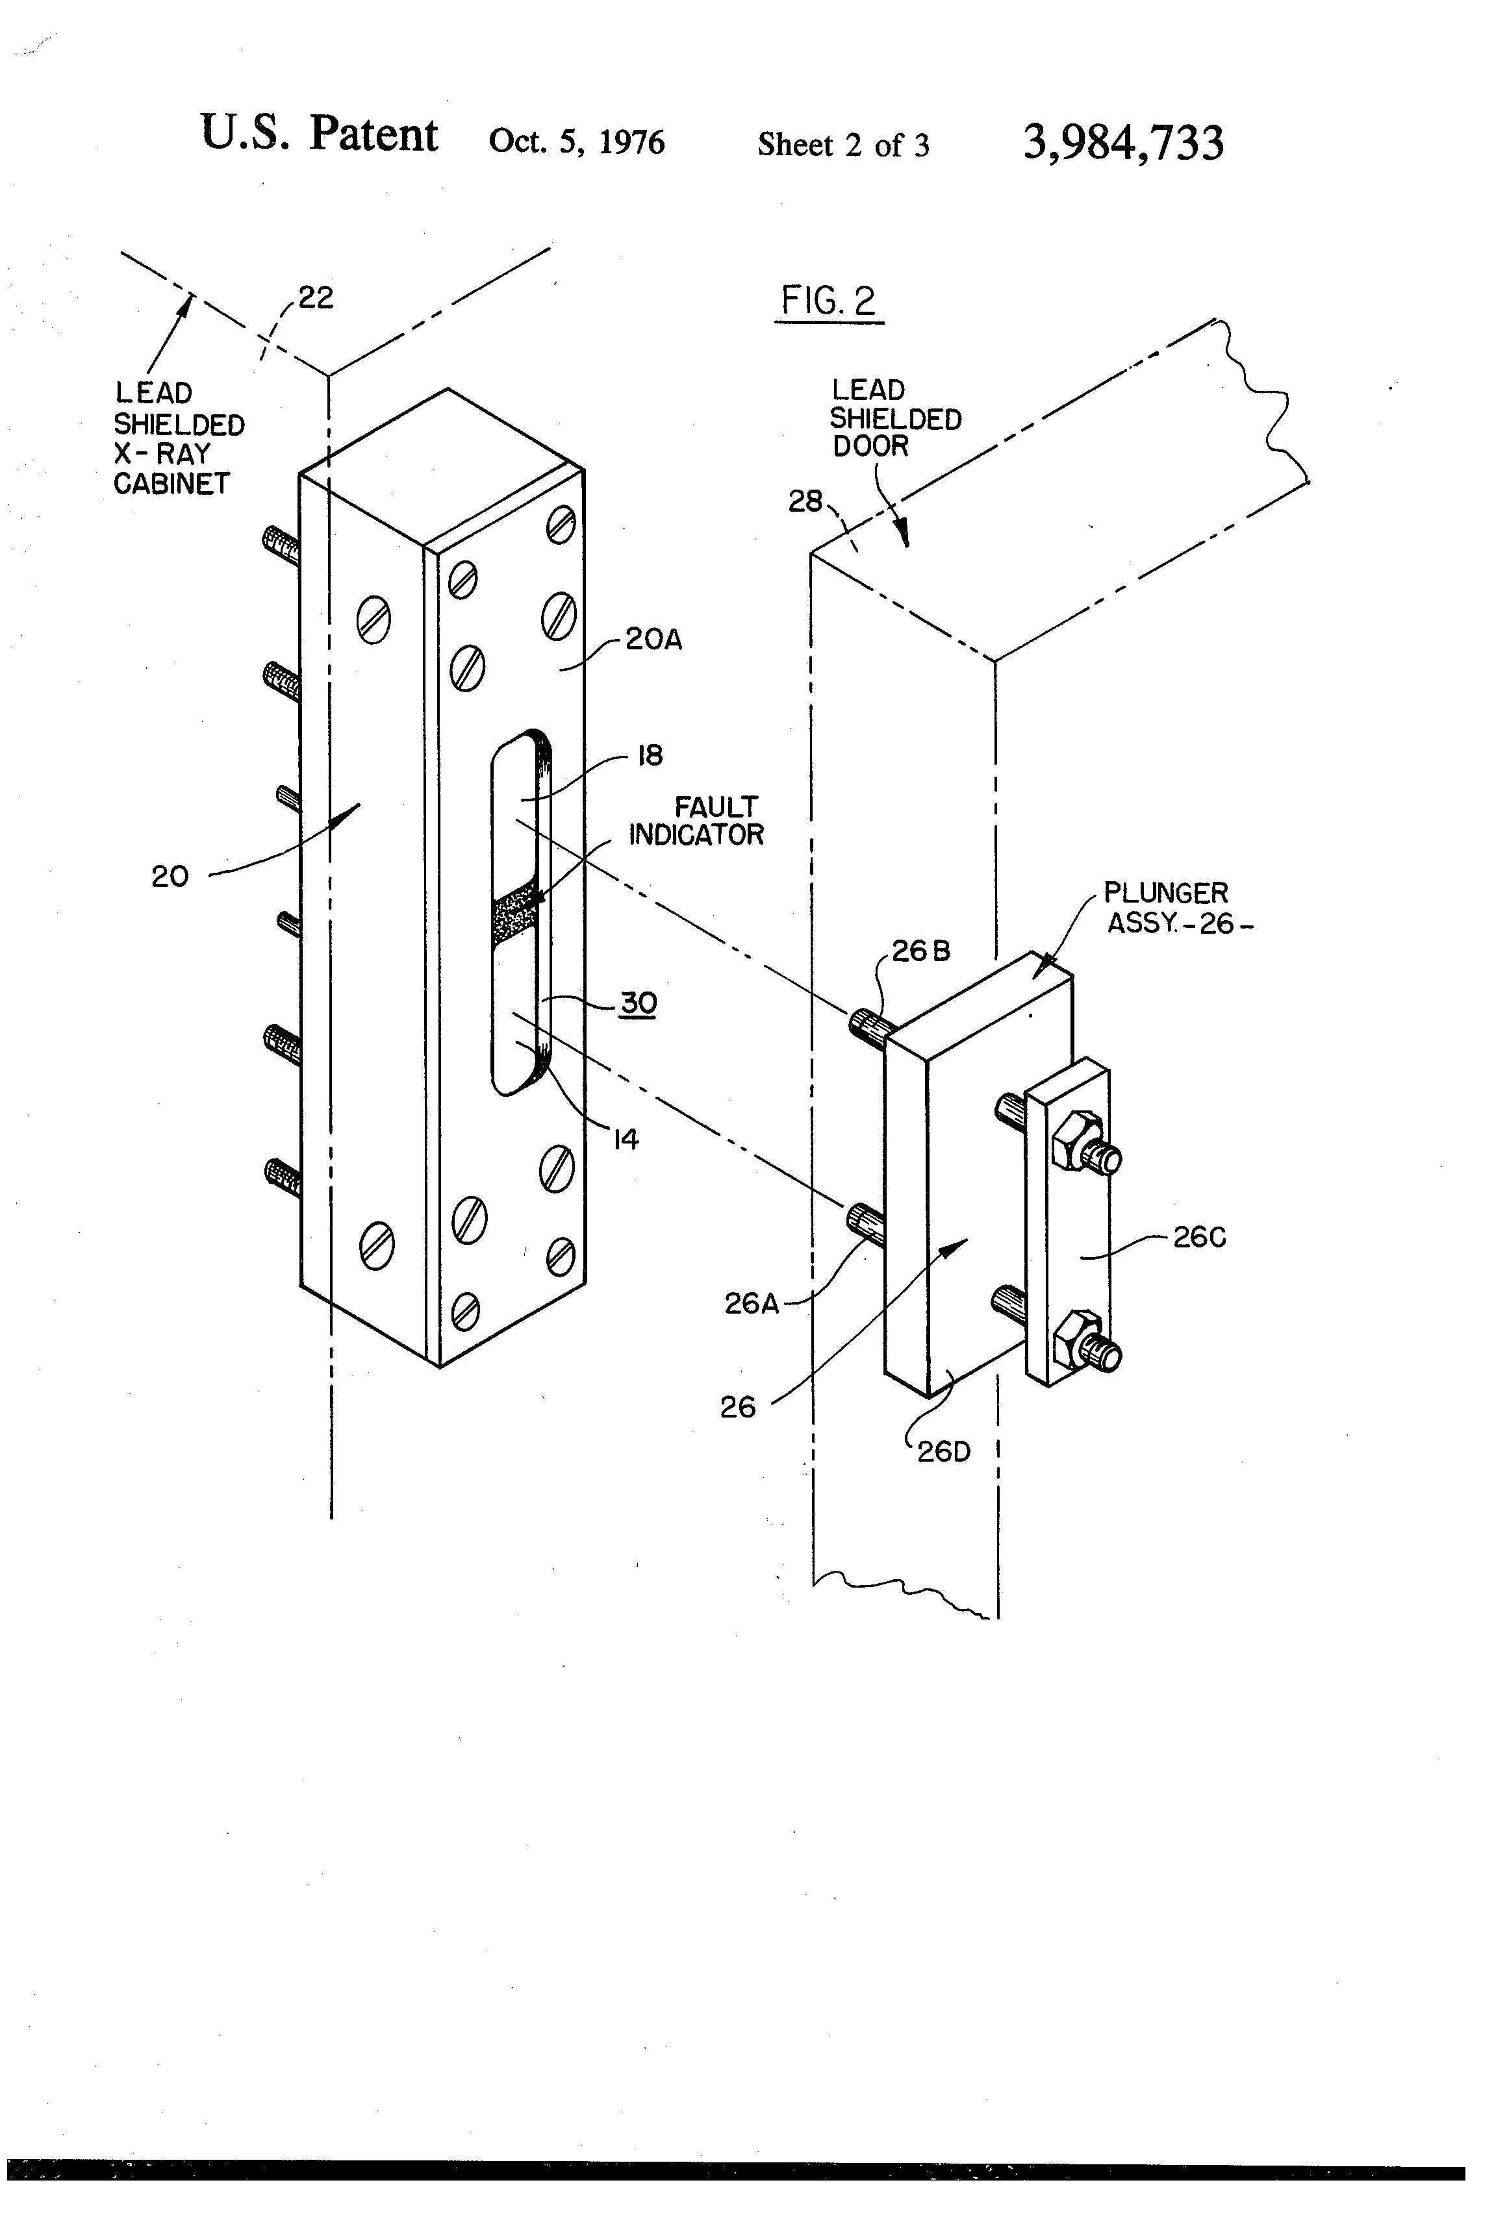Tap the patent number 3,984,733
(1123, 143)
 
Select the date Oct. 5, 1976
(576, 142)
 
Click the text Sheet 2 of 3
(843, 145)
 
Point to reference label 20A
(653, 639)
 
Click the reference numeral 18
(650, 756)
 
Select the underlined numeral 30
(639, 1003)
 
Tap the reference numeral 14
(625, 1139)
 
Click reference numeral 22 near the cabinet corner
(316, 298)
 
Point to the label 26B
(921, 951)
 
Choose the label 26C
(1199, 1237)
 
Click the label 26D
(944, 1451)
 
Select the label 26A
(752, 1304)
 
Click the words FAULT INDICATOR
(696, 821)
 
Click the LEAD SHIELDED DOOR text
(896, 418)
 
